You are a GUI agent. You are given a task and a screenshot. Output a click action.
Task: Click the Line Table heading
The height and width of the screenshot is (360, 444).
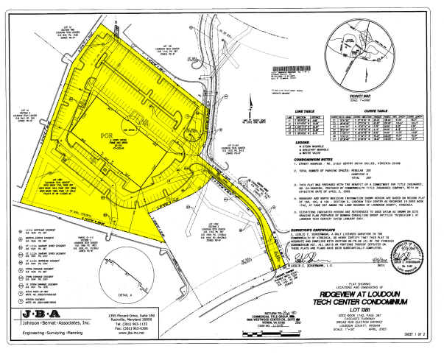[x=296, y=111]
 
